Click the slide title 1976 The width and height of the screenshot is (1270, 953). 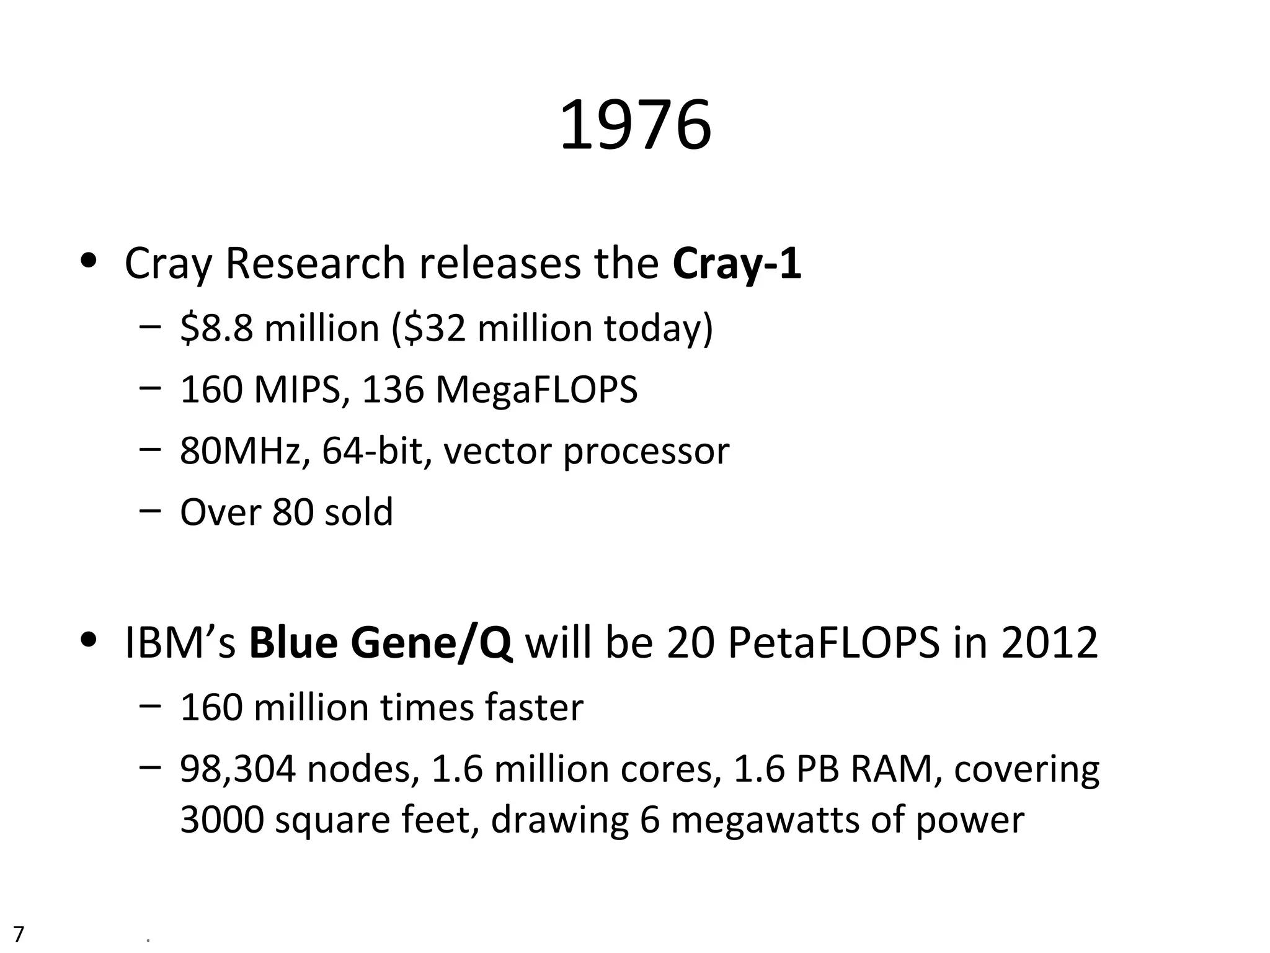coord(635,127)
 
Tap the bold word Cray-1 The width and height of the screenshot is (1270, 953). coord(737,263)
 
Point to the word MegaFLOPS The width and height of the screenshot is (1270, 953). coord(536,390)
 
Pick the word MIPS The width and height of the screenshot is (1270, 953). coord(297,390)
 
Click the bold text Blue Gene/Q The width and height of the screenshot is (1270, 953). coord(381,643)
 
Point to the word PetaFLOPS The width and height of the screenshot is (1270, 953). coord(833,643)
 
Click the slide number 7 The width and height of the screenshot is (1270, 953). coord(19,933)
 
